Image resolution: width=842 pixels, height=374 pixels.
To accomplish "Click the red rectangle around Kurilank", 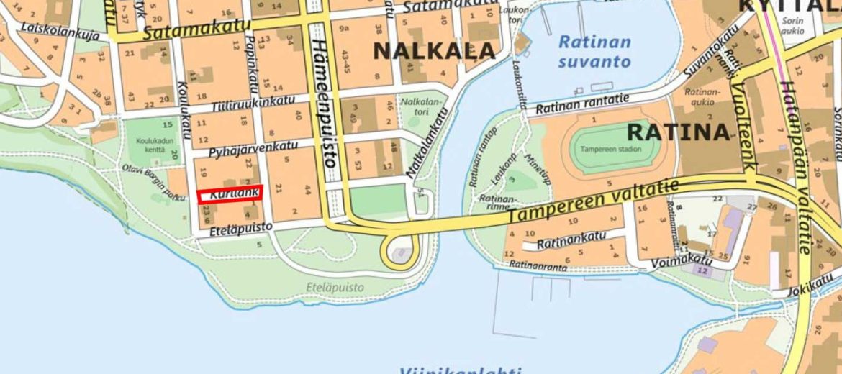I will tap(230, 194).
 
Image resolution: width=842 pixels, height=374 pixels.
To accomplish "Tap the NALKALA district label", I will tap(434, 50).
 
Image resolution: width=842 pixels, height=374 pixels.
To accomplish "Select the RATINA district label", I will tap(678, 132).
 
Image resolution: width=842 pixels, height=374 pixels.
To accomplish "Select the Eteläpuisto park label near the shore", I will tap(335, 288).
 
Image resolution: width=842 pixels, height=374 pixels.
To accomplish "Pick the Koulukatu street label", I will tap(184, 108).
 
